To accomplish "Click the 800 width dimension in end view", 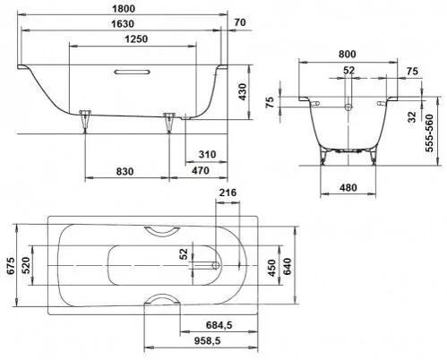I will point(348,53).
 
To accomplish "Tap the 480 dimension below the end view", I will point(348,189).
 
